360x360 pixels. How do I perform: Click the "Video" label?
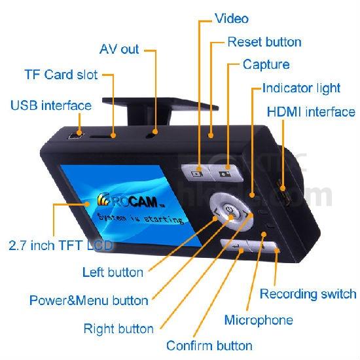click(232, 18)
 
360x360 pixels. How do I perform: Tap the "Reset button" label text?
click(264, 42)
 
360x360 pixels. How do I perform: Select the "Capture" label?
click(266, 64)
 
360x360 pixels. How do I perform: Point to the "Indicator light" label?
click(301, 88)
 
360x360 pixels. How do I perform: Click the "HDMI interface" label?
click(311, 112)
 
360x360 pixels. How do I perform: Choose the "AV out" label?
click(119, 49)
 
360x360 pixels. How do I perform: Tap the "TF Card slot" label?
click(61, 75)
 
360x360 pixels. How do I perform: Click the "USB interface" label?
click(51, 105)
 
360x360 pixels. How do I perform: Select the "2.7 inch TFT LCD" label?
click(61, 245)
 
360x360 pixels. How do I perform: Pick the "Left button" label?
click(113, 272)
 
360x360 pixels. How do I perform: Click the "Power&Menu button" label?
click(89, 300)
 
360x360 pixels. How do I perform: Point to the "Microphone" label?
click(259, 320)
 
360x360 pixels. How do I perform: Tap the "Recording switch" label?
click(308, 294)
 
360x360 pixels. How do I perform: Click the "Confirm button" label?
click(209, 346)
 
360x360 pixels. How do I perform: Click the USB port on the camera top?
click(76, 136)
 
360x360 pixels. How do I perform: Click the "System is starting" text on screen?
click(141, 218)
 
